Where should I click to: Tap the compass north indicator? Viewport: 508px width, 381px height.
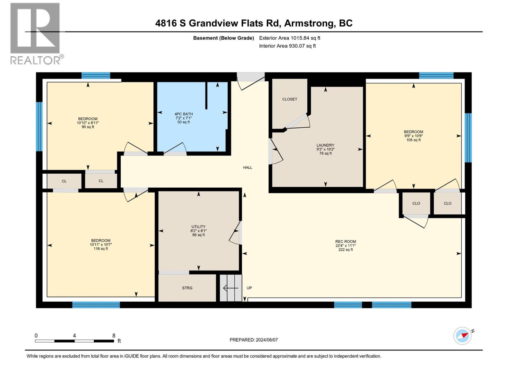click(x=463, y=336)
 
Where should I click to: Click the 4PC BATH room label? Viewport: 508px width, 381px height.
click(x=184, y=114)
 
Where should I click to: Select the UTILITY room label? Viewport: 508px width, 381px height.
click(x=198, y=227)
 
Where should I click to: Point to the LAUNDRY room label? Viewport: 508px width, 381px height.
click(x=325, y=145)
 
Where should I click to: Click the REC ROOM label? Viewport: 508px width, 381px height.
click(x=345, y=241)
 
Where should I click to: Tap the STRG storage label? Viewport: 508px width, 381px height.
click(x=187, y=288)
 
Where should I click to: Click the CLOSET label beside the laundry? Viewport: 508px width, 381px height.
click(x=290, y=99)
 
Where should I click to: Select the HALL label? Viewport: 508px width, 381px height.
click(x=248, y=167)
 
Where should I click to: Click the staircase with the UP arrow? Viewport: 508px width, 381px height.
click(x=231, y=288)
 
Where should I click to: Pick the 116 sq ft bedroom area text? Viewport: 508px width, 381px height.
click(x=101, y=249)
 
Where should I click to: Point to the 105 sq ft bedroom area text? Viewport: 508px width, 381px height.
click(x=413, y=140)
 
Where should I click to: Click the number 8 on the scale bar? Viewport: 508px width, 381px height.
click(x=114, y=336)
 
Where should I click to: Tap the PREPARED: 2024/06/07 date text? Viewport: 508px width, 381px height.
click(x=253, y=340)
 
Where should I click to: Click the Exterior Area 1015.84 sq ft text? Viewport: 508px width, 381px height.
click(x=290, y=38)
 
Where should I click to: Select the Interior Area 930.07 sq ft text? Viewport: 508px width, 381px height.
click(x=287, y=46)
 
